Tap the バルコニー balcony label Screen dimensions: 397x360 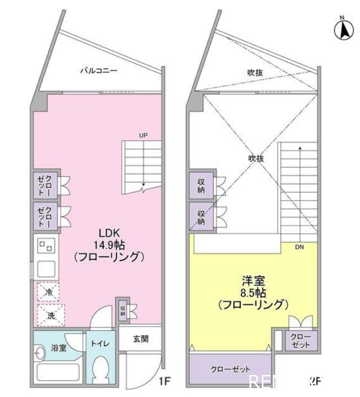[x=99, y=71]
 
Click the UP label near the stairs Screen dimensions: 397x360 [x=143, y=135]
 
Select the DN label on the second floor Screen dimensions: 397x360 [x=299, y=247]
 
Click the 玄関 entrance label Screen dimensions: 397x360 [x=140, y=339]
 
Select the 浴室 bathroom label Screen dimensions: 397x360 [x=59, y=348]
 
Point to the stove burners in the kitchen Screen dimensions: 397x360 [x=47, y=246]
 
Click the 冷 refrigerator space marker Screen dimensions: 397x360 [x=48, y=292]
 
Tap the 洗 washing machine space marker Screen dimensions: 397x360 [x=50, y=316]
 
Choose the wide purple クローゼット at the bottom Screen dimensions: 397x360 [x=229, y=369]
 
